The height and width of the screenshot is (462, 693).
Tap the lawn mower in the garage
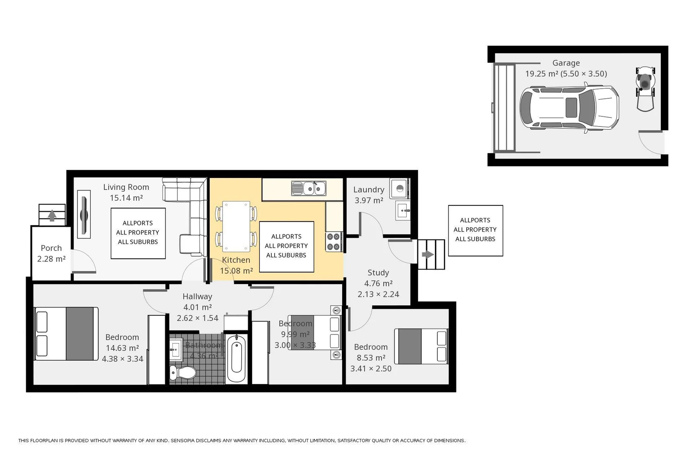pyautogui.click(x=645, y=88)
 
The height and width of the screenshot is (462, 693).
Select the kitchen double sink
pyautogui.click(x=308, y=189)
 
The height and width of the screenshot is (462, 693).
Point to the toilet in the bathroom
pyautogui.click(x=183, y=372)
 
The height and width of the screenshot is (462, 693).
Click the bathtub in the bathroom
pyautogui.click(x=236, y=359)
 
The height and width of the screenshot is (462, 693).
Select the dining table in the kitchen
pyautogui.click(x=236, y=226)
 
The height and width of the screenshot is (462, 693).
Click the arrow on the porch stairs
pyautogui.click(x=52, y=215)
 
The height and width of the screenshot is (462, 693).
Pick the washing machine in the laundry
pyautogui.click(x=400, y=189)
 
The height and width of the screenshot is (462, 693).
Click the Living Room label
pyautogui.click(x=126, y=187)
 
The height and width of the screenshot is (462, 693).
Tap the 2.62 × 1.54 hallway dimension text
pyautogui.click(x=198, y=318)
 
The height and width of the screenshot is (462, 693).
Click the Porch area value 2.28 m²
pyautogui.click(x=51, y=259)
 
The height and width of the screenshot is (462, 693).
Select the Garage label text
pyautogui.click(x=566, y=63)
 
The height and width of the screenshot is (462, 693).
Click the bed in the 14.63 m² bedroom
pyautogui.click(x=66, y=334)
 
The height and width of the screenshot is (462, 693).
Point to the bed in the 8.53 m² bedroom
pyautogui.click(x=421, y=346)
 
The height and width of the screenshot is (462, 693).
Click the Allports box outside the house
pyautogui.click(x=475, y=230)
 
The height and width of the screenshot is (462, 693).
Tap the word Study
pyautogui.click(x=378, y=272)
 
